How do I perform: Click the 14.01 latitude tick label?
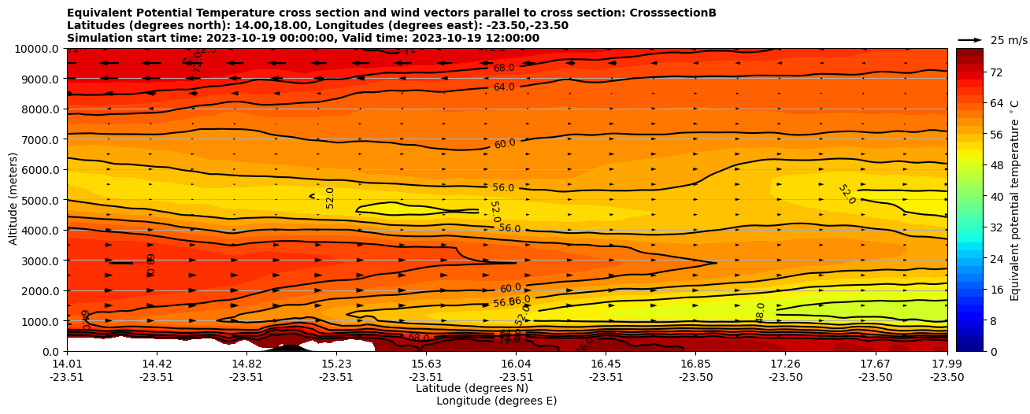[67, 364]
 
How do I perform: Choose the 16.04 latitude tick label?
[516, 364]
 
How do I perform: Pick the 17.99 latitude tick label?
[947, 364]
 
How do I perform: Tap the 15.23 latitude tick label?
[336, 364]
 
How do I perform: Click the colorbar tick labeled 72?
[995, 72]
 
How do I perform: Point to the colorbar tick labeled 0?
[992, 351]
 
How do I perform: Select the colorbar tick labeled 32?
[995, 227]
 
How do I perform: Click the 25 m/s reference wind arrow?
[970, 39]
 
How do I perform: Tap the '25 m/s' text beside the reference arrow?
[1009, 40]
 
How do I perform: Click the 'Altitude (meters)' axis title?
[13, 200]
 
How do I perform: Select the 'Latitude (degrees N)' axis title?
[472, 388]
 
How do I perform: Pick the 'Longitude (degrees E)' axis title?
[496, 401]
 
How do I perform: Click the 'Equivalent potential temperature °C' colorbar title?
[1015, 200]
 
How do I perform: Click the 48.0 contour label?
[761, 312]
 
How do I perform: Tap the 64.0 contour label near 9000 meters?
[504, 87]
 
